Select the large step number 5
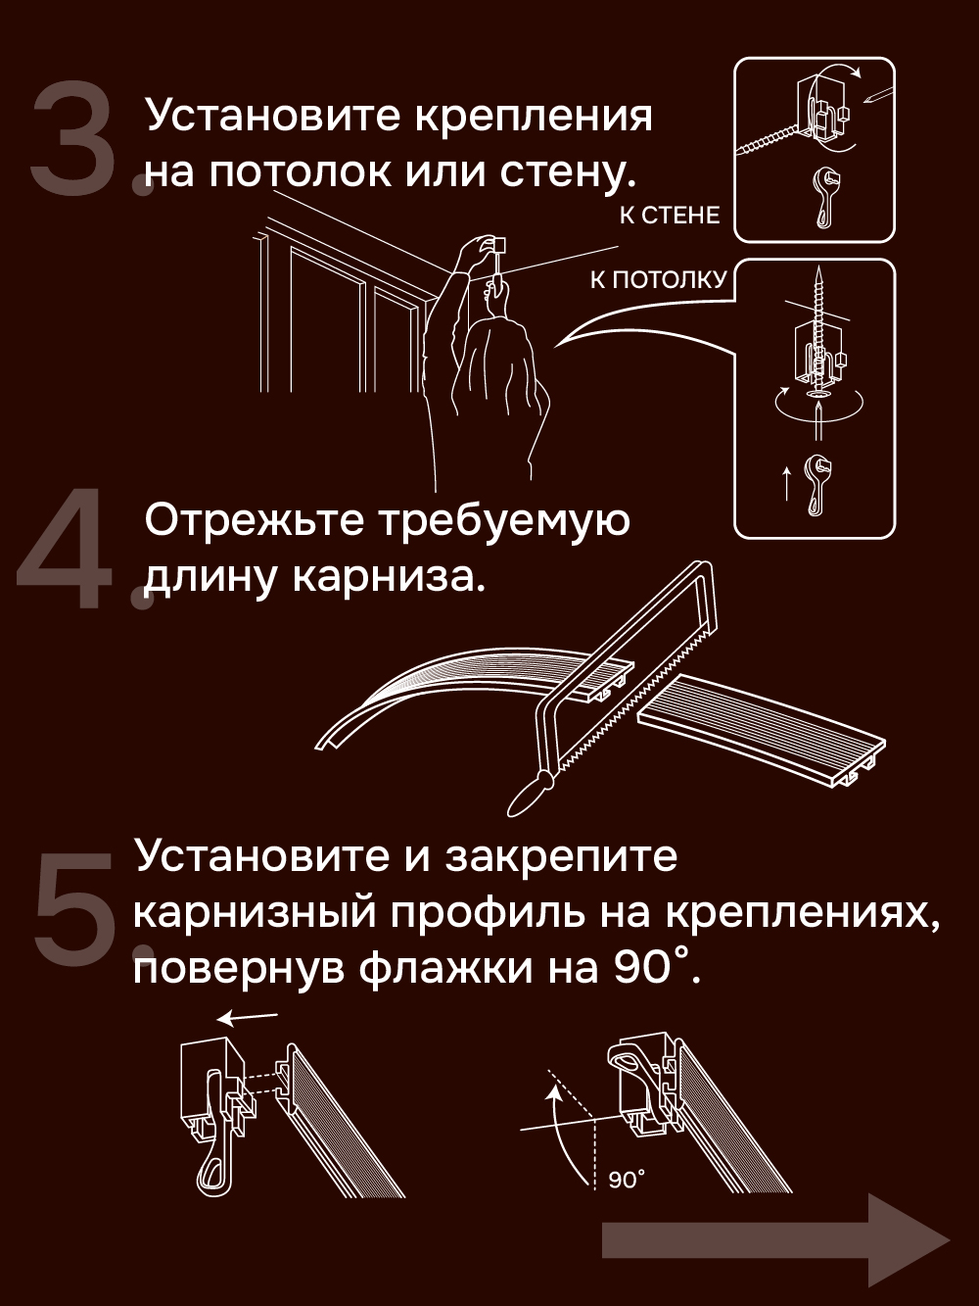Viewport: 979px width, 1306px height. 72,903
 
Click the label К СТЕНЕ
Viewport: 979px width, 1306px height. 670,216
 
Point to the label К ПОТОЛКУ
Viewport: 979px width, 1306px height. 659,279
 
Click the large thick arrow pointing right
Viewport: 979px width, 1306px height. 776,1239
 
